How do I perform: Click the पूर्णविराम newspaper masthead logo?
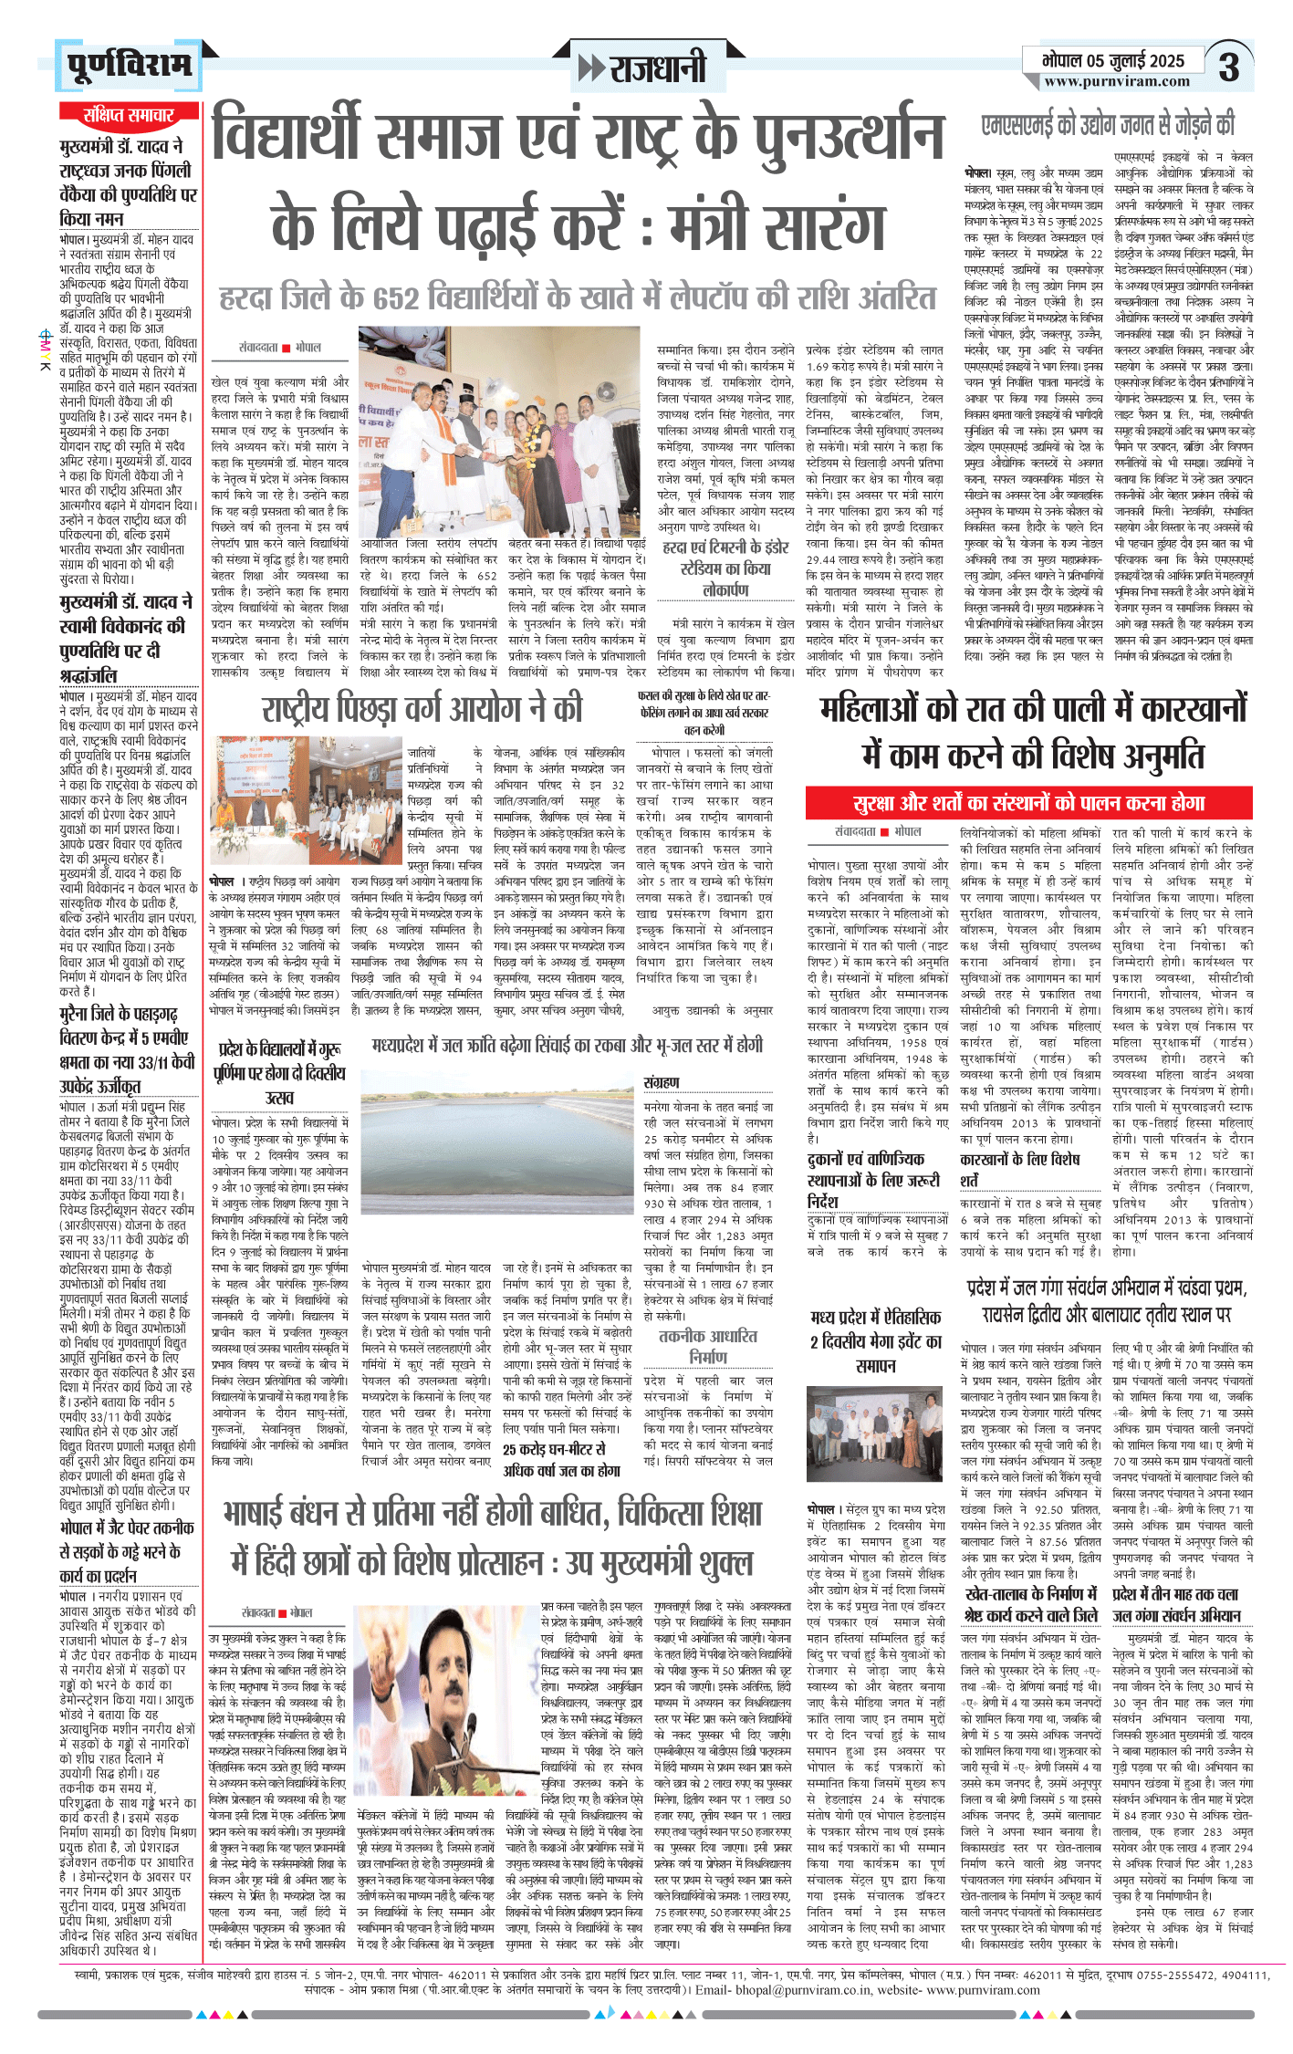[129, 66]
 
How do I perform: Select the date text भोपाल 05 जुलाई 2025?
[1114, 60]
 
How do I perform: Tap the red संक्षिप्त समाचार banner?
[129, 115]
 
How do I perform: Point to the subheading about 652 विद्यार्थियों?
[578, 297]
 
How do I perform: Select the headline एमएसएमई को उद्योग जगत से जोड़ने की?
[1108, 124]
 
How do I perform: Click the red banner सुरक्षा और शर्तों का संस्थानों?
[1029, 803]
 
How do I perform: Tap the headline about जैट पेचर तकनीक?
[127, 1550]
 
